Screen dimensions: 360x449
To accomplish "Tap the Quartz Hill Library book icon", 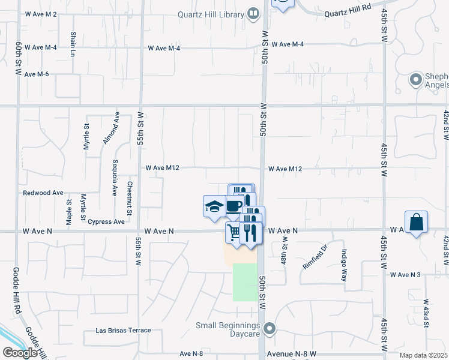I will tap(253, 14).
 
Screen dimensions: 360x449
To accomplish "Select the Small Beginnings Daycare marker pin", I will tap(270, 328).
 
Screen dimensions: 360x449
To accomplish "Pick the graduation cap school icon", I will tap(214, 206).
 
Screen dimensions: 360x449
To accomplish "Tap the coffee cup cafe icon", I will tap(234, 207).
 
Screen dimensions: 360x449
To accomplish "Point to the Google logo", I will tap(20, 353).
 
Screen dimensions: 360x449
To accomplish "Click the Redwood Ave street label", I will tap(43, 193).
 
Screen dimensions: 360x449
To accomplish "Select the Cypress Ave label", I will tap(106, 221).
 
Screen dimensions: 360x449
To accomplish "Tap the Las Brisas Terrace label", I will tap(124, 331).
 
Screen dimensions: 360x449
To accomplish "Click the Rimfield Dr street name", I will tap(315, 256).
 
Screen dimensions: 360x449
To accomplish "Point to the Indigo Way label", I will tap(345, 266).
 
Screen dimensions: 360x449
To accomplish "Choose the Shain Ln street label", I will tap(73, 45).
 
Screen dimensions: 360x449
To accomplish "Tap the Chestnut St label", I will tap(129, 198).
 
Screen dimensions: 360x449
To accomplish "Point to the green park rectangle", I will tap(245, 282).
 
